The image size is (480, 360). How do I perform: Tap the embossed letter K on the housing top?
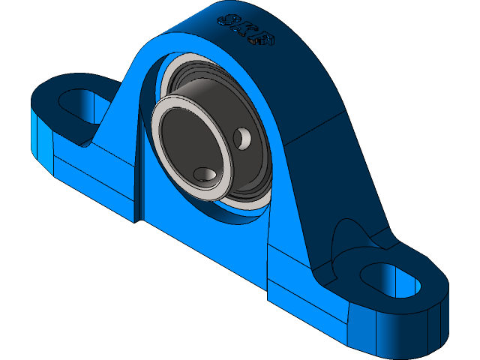click(245, 28)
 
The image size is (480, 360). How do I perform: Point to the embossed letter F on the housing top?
click(264, 39)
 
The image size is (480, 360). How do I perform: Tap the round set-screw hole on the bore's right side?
click(243, 138)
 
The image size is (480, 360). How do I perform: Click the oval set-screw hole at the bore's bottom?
click(205, 174)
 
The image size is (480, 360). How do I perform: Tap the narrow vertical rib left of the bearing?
click(139, 172)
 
